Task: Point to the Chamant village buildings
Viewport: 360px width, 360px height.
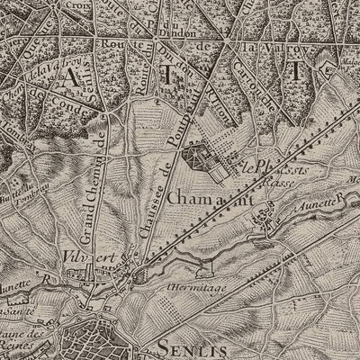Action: pyautogui.click(x=261, y=216)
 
